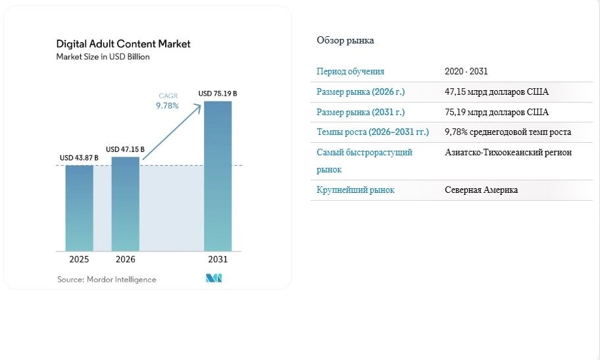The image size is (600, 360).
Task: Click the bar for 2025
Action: point(79,208)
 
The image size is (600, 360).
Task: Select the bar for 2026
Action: point(126,204)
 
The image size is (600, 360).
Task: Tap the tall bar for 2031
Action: point(218,176)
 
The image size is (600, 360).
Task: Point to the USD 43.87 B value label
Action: point(79,158)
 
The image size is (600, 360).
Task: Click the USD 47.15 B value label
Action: point(125,149)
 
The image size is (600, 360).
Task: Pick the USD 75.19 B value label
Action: point(218,93)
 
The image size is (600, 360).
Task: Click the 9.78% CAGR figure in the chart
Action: point(167,106)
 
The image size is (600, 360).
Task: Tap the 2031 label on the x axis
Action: point(218,259)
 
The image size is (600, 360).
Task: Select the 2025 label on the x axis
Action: point(79,259)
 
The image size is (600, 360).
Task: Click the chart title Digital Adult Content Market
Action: point(123,43)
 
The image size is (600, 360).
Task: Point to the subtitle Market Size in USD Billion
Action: point(103,57)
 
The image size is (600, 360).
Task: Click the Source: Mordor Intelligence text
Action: point(107,280)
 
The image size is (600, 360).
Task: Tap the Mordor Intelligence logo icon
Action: point(214,278)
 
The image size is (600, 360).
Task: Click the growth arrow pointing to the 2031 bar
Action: point(172,132)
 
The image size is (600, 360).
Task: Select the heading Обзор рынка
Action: point(345,40)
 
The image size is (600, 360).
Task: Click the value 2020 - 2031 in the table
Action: point(466,71)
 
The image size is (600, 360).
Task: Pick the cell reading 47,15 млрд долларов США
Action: point(497,92)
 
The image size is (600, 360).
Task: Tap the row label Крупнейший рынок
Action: point(355,190)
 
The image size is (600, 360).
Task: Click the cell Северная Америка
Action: point(481,190)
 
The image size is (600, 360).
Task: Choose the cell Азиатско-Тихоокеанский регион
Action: point(508,153)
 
